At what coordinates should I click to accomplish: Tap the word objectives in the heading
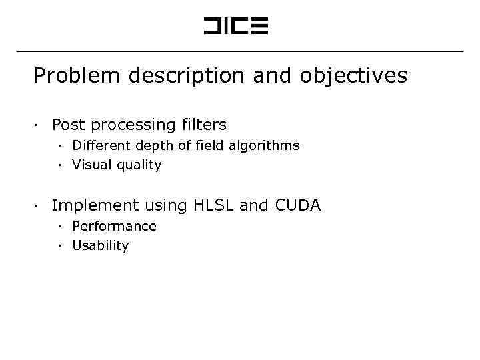[353, 76]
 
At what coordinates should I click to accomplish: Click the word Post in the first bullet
[69, 125]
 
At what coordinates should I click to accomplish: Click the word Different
[101, 145]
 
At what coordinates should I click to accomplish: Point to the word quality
[139, 165]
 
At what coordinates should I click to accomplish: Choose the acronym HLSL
[213, 206]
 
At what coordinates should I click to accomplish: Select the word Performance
[114, 226]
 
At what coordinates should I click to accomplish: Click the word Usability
[101, 245]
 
